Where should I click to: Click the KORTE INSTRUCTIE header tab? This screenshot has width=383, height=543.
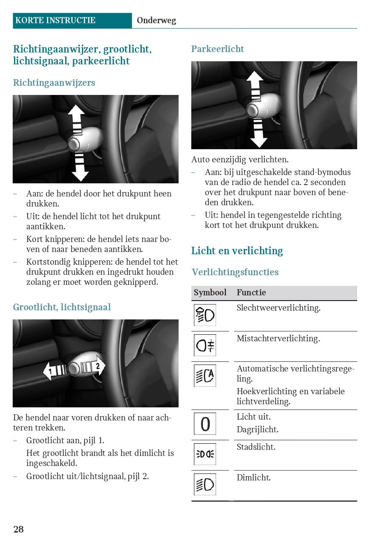pos(55,20)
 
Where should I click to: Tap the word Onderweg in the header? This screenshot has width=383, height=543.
pos(156,21)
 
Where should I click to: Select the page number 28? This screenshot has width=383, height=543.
pos(18,529)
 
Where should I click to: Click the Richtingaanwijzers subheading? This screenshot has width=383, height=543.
pos(54,83)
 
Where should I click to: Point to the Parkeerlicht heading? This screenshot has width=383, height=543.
pos(218,49)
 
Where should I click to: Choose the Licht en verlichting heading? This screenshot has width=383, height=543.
pos(237,251)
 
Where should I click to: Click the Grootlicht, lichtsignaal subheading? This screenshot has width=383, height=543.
pos(62,307)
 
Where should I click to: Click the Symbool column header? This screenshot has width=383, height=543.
pos(210,293)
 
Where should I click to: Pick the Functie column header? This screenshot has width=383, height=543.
pos(251,293)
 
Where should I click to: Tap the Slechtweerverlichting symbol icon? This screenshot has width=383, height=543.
pos(205,315)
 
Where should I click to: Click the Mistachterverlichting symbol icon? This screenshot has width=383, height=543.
pos(205,345)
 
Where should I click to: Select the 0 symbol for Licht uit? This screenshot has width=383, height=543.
pos(205,424)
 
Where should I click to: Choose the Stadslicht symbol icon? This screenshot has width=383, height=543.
pos(205,454)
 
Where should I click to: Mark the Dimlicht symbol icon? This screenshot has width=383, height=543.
pos(205,484)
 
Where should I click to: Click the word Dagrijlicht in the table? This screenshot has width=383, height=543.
pos(257,430)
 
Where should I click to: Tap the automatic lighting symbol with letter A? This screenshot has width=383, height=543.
pos(205,375)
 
